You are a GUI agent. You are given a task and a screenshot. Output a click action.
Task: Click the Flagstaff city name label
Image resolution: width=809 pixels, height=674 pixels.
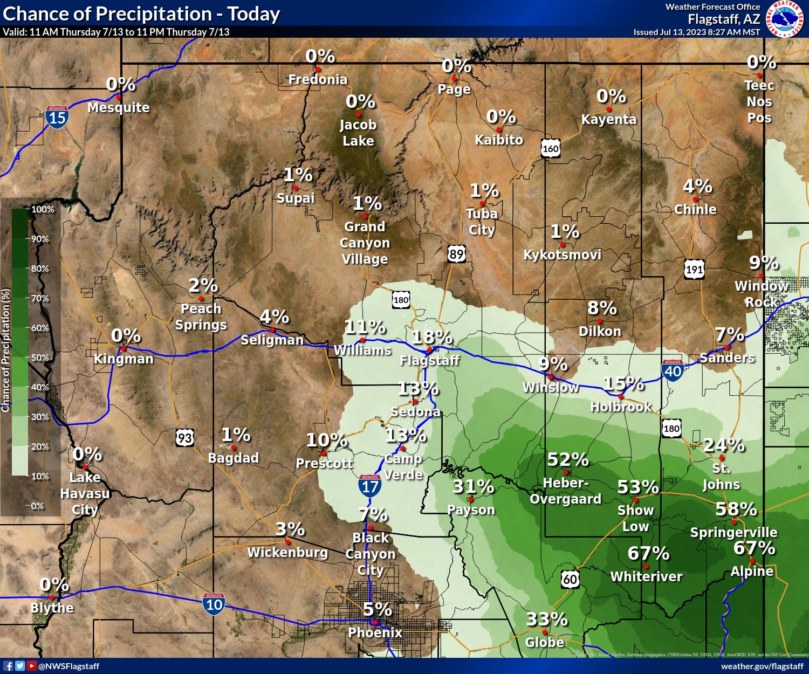pyautogui.click(x=429, y=360)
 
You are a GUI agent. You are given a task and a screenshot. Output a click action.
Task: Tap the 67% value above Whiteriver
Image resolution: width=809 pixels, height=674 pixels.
pyautogui.click(x=648, y=554)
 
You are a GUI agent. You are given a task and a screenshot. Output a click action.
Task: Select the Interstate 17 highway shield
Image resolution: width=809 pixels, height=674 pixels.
pyautogui.click(x=370, y=485)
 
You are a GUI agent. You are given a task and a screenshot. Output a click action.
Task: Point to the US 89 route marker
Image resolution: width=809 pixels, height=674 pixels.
pyautogui.click(x=456, y=253)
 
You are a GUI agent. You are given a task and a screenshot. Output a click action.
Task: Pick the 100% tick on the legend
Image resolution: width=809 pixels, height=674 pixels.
pyautogui.click(x=43, y=209)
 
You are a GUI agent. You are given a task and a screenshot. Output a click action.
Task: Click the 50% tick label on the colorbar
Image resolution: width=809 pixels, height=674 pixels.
pyautogui.click(x=40, y=357)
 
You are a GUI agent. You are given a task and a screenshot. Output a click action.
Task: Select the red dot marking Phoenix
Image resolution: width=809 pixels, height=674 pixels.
pyautogui.click(x=375, y=623)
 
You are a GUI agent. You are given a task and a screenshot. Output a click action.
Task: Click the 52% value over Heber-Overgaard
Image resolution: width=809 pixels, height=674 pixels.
pyautogui.click(x=567, y=460)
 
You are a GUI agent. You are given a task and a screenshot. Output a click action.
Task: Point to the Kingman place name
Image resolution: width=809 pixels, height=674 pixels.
pyautogui.click(x=124, y=359)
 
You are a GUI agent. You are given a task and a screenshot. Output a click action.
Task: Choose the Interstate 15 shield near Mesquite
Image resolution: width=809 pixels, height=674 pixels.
pyautogui.click(x=57, y=116)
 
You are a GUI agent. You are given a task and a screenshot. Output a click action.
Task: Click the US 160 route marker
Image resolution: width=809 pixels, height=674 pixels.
pyautogui.click(x=550, y=148)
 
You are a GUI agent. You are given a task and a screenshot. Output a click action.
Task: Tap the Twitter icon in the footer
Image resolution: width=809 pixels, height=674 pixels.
pyautogui.click(x=20, y=666)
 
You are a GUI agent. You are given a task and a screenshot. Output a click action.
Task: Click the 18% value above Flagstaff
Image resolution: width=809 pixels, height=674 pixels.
pyautogui.click(x=431, y=338)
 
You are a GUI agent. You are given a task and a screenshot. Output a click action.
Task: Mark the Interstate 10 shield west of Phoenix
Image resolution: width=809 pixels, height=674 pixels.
pyautogui.click(x=214, y=603)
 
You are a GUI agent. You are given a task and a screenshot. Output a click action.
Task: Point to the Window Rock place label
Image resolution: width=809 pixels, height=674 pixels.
pyautogui.click(x=761, y=294)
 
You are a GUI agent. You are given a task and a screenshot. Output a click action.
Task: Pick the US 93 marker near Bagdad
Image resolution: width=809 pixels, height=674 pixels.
pyautogui.click(x=185, y=437)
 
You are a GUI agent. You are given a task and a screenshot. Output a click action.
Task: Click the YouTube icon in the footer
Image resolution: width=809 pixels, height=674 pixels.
pyautogui.click(x=31, y=666)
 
